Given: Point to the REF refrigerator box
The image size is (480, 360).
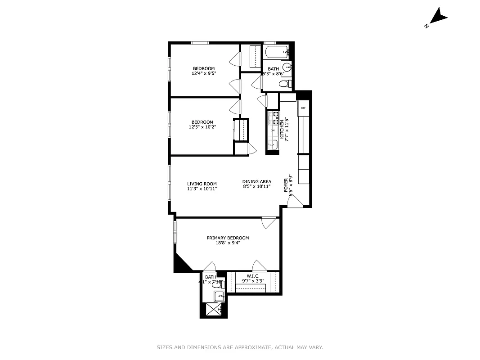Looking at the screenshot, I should click(304, 108).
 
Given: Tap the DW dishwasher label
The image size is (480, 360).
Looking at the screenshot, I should click(273, 130).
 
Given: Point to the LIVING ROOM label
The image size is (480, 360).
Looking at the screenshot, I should click(202, 184).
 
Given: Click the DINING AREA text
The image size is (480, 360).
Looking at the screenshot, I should click(256, 182).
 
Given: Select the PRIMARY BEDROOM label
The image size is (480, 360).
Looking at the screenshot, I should click(228, 238).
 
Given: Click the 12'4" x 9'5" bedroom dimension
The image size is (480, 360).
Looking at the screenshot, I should click(204, 73).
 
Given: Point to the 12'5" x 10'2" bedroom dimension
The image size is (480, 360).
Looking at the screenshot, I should click(202, 127).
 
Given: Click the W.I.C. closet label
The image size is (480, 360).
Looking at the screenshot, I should click(253, 276).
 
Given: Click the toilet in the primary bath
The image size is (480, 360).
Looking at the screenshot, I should click(216, 284).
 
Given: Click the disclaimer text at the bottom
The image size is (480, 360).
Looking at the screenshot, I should click(240, 347).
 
